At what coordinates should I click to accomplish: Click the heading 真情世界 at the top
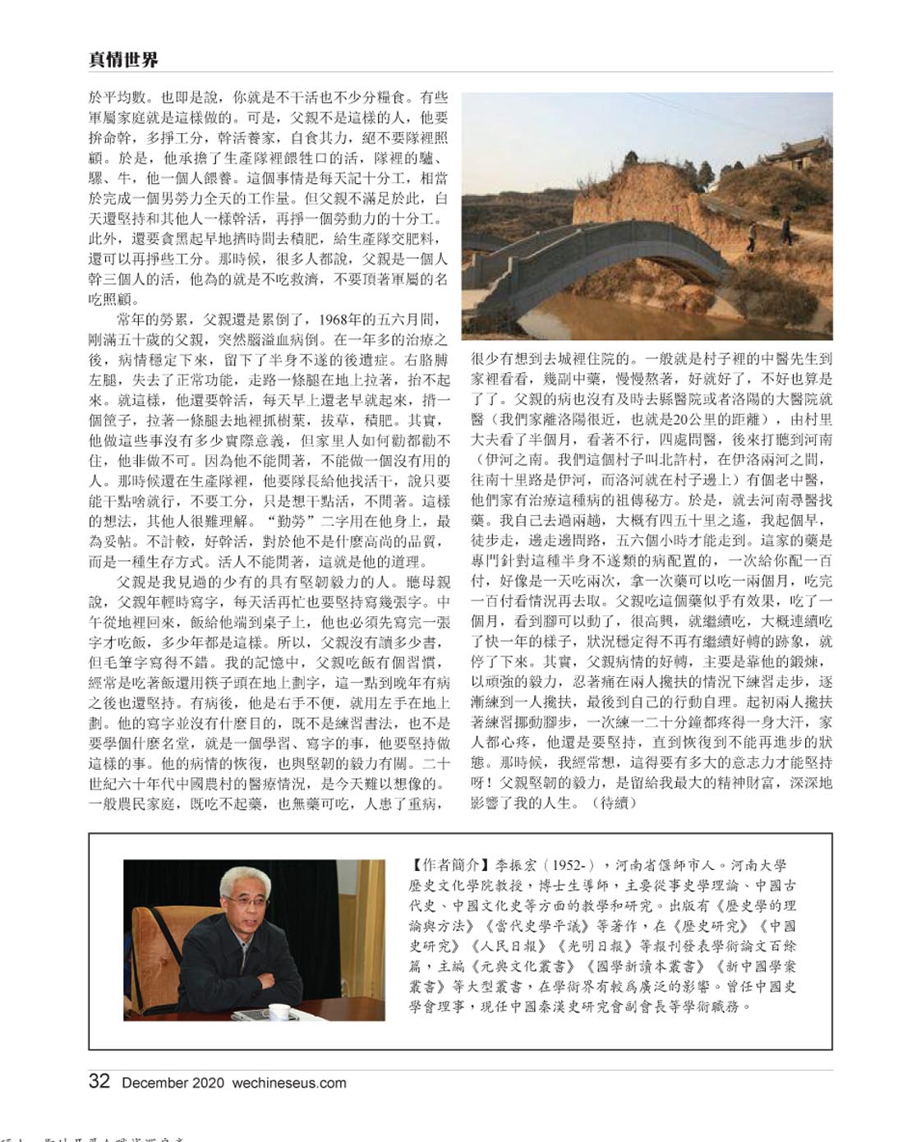pyautogui.click(x=123, y=59)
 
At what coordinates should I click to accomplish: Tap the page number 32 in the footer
pyautogui.click(x=99, y=1081)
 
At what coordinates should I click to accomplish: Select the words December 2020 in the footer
pyautogui.click(x=168, y=1082)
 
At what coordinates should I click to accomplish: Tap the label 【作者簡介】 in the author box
pyautogui.click(x=447, y=865)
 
